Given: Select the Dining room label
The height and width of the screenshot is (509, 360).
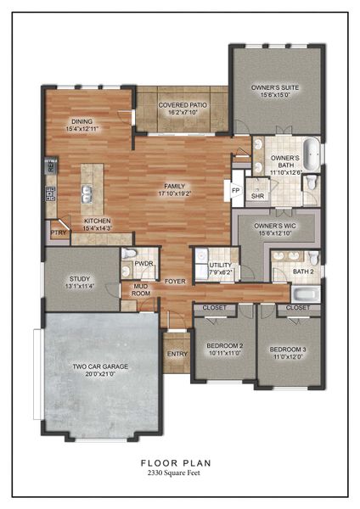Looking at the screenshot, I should [82, 122].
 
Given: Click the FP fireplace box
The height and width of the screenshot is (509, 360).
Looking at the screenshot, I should [236, 190].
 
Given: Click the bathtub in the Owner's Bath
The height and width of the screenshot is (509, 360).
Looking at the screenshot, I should [314, 155].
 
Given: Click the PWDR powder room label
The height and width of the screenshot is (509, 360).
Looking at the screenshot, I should [143, 264].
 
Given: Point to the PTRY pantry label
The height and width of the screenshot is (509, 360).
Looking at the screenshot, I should [58, 232].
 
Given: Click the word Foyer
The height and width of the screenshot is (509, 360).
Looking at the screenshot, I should [175, 281].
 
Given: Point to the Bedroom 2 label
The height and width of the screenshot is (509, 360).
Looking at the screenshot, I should [225, 346].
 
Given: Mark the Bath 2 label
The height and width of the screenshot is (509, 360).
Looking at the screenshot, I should [302, 271].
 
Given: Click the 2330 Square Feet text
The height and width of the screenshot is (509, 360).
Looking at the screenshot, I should [177, 472].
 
